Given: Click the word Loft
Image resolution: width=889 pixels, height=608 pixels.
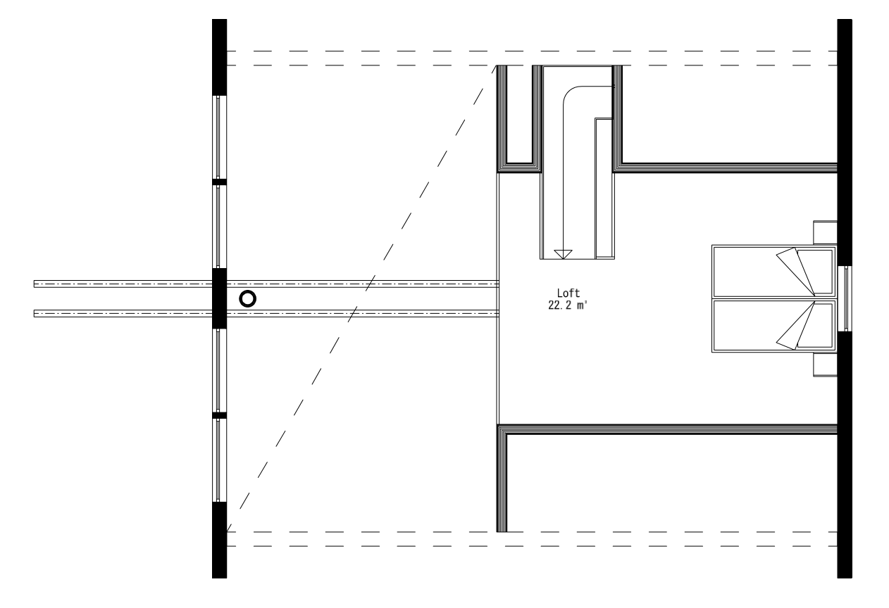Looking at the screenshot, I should point(568,293).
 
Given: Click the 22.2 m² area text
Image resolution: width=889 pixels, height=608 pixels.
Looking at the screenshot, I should point(568,305).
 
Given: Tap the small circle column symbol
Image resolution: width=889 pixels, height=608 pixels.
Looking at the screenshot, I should point(247,298).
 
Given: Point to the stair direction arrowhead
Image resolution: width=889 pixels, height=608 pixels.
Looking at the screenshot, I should point(563,254).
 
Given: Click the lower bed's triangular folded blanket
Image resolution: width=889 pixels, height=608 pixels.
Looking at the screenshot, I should point(797,328).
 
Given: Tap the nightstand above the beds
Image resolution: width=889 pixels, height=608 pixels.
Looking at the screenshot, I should point(825,232).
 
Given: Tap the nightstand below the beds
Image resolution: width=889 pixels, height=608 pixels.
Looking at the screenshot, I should point(825,365).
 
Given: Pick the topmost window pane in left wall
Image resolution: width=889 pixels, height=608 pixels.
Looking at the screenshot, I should point(218,137).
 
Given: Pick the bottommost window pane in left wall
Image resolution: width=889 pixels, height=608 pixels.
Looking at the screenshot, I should point(218,460).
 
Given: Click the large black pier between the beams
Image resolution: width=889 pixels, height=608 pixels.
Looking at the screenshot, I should point(219,298).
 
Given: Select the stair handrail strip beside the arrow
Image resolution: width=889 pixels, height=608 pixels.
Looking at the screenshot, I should point(603,186).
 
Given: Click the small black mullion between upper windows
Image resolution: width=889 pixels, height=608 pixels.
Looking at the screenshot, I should point(219,182).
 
